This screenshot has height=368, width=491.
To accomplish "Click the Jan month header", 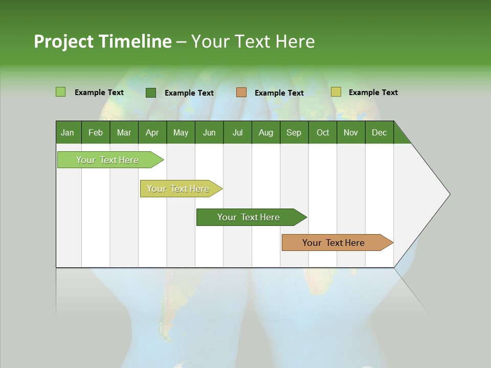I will [68, 132].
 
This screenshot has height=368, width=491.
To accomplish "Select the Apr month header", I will [152, 132].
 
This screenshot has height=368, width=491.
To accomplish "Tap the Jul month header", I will [237, 132].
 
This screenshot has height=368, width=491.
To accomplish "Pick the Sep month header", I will [294, 132].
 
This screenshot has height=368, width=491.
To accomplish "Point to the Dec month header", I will [379, 132].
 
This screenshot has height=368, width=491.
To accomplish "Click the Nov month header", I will [350, 132].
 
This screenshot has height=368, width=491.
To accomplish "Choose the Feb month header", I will [96, 132].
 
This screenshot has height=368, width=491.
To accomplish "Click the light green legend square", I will [60, 92].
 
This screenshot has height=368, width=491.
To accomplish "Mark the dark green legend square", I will [151, 93].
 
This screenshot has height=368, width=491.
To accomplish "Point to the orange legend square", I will [241, 93].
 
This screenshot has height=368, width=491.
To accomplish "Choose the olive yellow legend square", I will [336, 92].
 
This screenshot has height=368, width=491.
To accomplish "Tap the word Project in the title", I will [63, 41].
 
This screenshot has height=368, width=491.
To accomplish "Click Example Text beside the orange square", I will [279, 93].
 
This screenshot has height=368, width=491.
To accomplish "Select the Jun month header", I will [209, 132].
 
